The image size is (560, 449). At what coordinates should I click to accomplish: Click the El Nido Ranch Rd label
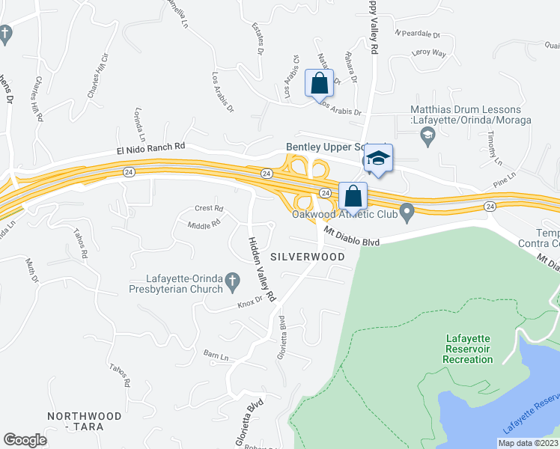(150, 150)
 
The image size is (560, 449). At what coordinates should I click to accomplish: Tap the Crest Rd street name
(209, 209)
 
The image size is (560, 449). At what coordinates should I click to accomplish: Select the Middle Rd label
(204, 224)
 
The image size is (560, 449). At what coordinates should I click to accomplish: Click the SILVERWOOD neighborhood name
(308, 257)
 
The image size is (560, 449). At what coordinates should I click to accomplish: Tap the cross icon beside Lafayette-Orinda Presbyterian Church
(232, 281)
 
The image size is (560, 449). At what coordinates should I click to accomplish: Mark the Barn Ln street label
(215, 352)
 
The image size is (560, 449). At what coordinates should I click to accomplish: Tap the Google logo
(25, 440)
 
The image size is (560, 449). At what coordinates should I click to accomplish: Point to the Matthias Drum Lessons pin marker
(428, 135)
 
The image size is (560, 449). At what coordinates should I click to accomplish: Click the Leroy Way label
(429, 54)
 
